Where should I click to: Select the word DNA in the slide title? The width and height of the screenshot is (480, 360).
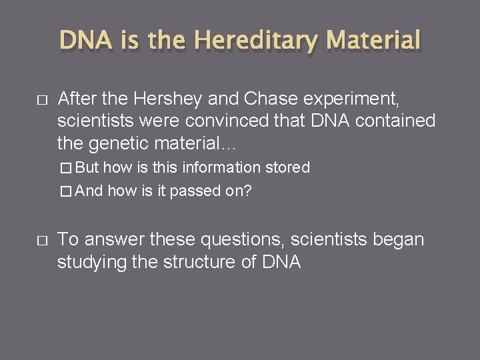tap(87, 40)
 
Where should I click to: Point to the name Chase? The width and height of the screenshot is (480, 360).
tap(273, 99)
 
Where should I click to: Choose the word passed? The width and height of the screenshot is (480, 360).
tap(193, 191)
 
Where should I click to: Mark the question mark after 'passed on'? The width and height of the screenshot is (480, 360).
tap(247, 191)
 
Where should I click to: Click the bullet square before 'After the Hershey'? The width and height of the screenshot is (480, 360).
tap(41, 100)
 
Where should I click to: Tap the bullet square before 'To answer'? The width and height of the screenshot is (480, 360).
tap(41, 239)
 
